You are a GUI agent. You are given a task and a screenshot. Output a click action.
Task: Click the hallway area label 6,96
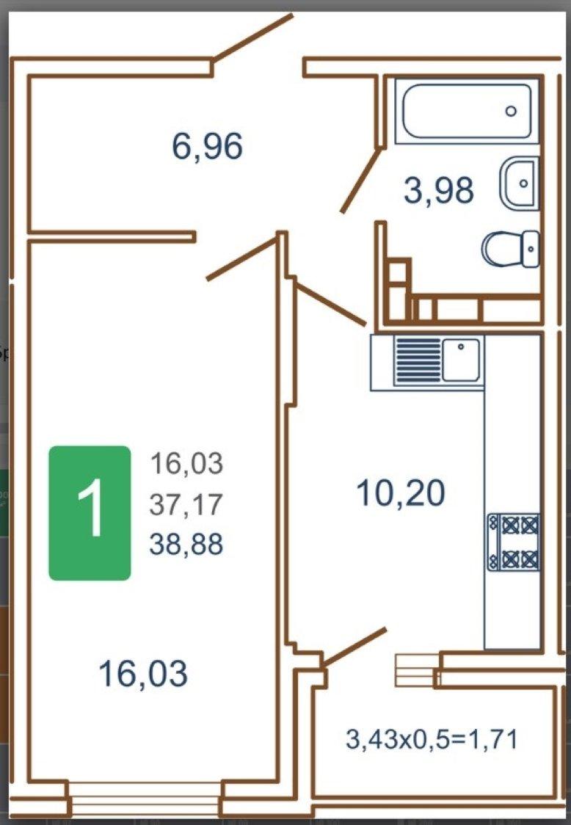pos(208,146)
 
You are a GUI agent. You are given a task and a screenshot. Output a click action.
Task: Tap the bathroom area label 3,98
pos(439,190)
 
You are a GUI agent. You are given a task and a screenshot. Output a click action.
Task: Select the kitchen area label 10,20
pos(401,493)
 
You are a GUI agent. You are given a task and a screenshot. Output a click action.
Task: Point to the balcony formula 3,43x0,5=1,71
pos(432,738)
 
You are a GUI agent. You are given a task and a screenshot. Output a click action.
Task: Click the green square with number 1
pos(90,513)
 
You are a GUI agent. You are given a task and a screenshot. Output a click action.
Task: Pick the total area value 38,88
pos(186,544)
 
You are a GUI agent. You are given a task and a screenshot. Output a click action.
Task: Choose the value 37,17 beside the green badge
pos(186,504)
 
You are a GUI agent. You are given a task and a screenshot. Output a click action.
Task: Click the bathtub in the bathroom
pos(467,111)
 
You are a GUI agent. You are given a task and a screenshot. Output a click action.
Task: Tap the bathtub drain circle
pos(511,111)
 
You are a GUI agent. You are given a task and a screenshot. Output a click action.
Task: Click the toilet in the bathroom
pos(511,248)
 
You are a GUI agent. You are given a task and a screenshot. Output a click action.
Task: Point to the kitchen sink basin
pos(461,360)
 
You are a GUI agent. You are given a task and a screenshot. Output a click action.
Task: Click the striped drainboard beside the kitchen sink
pos(418,360)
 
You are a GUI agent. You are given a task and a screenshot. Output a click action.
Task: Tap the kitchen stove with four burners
pos(513,542)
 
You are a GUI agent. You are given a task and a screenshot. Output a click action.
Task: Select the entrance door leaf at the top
pos(252,37)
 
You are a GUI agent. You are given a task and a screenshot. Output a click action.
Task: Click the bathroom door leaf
pos(361,180)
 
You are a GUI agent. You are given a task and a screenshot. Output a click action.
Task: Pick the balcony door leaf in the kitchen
pos(354,647)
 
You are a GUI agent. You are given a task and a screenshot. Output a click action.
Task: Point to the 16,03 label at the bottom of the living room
pos(143,674)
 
